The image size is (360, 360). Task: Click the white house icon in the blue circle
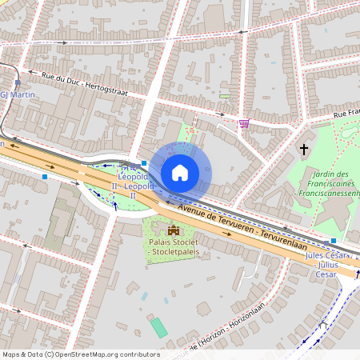(180, 173)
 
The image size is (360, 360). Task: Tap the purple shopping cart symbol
(243, 123)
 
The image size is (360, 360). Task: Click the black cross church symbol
(304, 149)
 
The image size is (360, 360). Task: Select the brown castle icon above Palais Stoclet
(174, 231)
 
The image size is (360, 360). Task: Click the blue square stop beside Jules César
(334, 241)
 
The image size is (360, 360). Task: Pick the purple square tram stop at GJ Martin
(18, 82)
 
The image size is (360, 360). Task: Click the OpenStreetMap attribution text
(81, 354)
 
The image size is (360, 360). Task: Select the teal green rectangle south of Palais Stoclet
(160, 326)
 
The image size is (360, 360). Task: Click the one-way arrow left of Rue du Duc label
(31, 74)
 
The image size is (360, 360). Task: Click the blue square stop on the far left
(45, 176)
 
